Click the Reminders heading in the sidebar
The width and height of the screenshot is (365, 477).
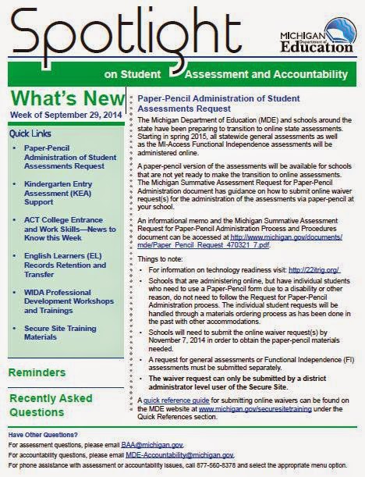pos(37,373)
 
